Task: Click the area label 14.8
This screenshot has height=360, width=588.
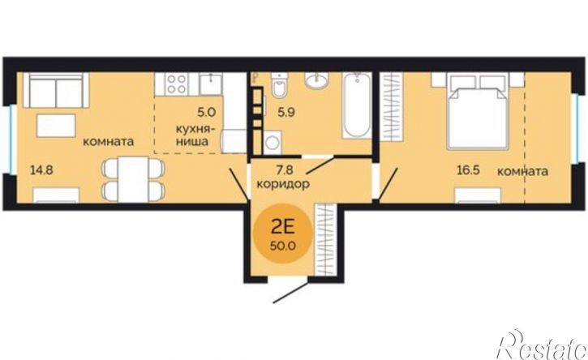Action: pyautogui.click(x=41, y=170)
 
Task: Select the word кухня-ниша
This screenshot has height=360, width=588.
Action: pyautogui.click(x=195, y=135)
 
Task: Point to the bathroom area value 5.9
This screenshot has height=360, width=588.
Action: pyautogui.click(x=285, y=112)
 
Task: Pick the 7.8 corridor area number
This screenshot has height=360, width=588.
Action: pyautogui.click(x=284, y=170)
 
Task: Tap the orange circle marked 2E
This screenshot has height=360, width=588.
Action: pyautogui.click(x=284, y=234)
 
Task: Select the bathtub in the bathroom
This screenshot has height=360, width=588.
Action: pyautogui.click(x=357, y=105)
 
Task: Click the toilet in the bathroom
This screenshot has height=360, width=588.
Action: pyautogui.click(x=279, y=85)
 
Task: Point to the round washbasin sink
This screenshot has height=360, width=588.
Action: pyautogui.click(x=316, y=80)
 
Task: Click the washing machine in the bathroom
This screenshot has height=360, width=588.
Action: pyautogui.click(x=273, y=143)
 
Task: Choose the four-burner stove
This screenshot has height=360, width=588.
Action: pyautogui.click(x=177, y=84)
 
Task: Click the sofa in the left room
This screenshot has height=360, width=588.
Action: pyautogui.click(x=56, y=90)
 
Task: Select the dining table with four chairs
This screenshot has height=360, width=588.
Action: pyautogui.click(x=133, y=179)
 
